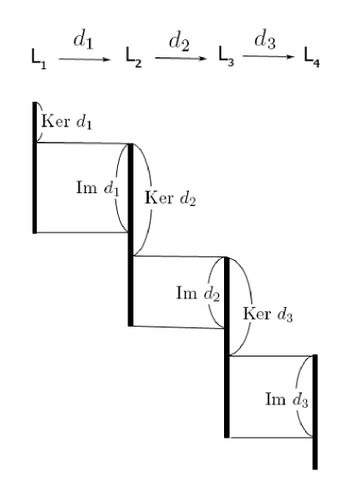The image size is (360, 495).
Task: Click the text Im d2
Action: pyautogui.click(x=198, y=293)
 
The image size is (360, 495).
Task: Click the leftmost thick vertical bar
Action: pyautogui.click(x=34, y=167)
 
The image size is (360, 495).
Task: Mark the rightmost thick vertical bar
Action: pyautogui.click(x=315, y=410)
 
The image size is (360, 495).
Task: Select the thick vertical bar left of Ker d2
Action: pyautogui.click(x=131, y=235)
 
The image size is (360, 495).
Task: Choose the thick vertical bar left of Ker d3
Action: pyautogui.click(x=227, y=346)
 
